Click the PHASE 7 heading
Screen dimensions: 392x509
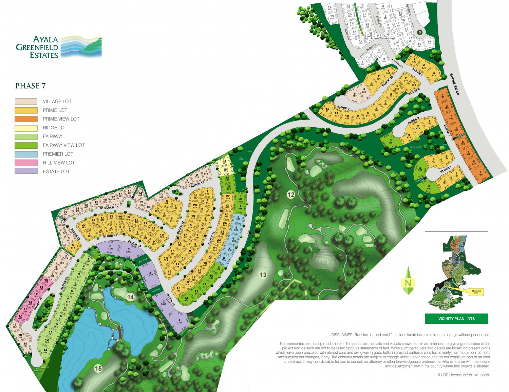(31, 86)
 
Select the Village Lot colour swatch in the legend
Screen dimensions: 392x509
(26, 101)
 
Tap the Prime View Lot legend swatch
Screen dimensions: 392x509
(26, 119)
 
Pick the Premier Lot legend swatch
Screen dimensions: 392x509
(26, 154)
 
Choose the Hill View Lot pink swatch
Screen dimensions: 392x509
(26, 163)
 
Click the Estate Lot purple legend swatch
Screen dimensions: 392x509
(26, 171)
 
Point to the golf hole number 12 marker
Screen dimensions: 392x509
(291, 195)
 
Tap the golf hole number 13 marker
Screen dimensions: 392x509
(263, 275)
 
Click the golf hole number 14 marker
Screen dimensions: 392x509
(130, 298)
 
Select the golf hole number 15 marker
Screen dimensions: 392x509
(98, 368)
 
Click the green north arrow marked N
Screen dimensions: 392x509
(408, 281)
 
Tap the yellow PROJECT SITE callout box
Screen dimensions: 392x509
(476, 292)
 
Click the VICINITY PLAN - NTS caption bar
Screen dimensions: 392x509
(456, 319)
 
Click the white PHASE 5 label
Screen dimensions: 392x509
(384, 35)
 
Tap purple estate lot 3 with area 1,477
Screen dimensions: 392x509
(150, 274)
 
